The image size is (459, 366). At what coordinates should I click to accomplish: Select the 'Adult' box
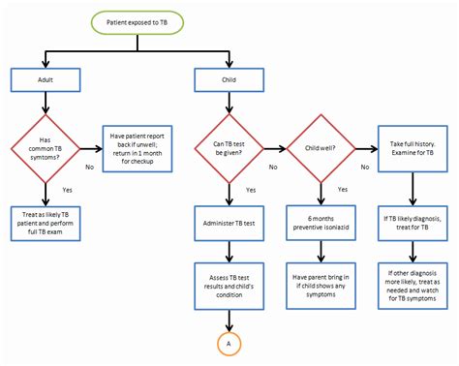click(x=45, y=80)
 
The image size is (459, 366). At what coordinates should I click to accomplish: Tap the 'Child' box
click(x=229, y=80)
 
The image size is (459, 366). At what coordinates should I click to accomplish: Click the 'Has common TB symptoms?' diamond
click(x=45, y=150)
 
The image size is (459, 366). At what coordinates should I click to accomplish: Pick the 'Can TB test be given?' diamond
click(x=229, y=150)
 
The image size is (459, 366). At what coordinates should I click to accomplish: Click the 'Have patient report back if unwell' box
click(x=138, y=148)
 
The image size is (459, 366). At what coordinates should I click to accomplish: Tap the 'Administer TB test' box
click(x=229, y=222)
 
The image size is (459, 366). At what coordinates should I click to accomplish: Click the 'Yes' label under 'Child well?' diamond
click(x=340, y=190)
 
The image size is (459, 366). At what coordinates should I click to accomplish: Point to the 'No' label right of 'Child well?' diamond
click(x=364, y=167)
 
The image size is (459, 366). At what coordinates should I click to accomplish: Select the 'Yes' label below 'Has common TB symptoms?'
click(x=67, y=190)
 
